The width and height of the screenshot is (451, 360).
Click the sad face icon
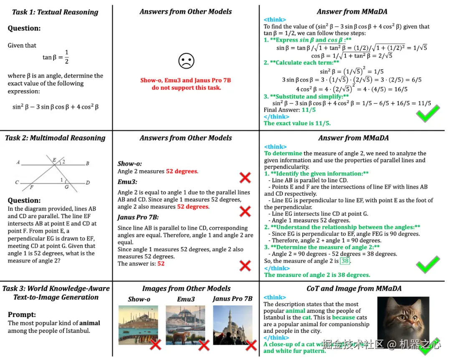186,61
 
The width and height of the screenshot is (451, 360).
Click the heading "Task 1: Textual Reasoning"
55,12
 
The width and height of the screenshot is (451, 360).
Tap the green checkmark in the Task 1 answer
428,113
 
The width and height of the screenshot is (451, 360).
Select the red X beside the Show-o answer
245,178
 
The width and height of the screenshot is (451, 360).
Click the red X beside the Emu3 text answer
245,211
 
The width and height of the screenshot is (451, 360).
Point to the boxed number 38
345,261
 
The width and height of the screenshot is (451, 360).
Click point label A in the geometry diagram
18,162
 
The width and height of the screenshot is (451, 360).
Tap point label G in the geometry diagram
66,187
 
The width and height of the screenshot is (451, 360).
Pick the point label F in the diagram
32,188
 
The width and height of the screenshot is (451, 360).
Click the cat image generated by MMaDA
403,322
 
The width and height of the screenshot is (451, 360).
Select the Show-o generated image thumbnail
138,325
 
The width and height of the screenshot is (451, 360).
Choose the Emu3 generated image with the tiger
186,325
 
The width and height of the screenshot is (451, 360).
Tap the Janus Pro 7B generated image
233,325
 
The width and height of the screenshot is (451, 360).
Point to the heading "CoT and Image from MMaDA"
354,288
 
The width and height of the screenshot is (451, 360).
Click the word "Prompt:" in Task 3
22,315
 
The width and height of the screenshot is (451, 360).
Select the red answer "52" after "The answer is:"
161,264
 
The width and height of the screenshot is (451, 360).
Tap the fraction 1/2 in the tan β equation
66,57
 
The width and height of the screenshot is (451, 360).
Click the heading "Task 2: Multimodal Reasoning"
55,138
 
